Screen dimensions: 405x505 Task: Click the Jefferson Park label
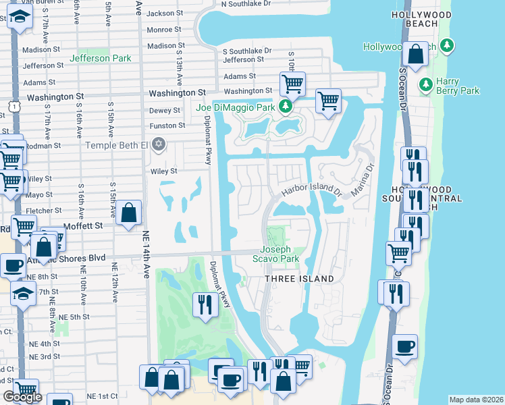click(x=100, y=58)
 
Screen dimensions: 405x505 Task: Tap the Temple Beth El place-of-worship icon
click(x=159, y=144)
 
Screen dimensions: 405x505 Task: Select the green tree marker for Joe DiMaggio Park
click(x=286, y=107)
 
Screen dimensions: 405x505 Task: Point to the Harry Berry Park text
click(x=457, y=86)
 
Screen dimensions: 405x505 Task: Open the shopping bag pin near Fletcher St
click(x=128, y=214)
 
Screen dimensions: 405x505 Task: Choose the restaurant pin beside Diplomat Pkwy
click(x=203, y=304)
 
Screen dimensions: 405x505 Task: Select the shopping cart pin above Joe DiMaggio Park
click(x=292, y=84)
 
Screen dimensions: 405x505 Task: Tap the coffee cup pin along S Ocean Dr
click(x=404, y=347)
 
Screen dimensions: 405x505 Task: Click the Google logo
click(x=22, y=397)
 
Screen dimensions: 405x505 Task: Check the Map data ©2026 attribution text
click(x=475, y=400)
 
